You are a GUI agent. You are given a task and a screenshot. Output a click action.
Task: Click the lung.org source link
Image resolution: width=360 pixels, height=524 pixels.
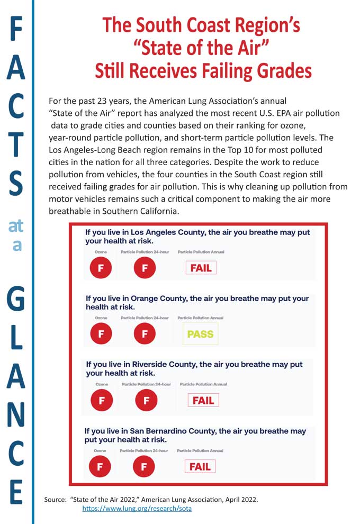click(137, 509)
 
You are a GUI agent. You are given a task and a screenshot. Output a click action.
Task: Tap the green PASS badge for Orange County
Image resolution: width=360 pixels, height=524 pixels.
click(200, 334)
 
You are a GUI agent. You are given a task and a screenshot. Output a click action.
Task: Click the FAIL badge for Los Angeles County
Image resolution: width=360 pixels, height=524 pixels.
click(201, 268)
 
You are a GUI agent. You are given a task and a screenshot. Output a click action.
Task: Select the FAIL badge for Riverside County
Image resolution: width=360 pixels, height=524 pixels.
click(203, 400)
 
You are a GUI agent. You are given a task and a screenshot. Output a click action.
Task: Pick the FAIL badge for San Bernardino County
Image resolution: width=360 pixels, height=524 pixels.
click(200, 466)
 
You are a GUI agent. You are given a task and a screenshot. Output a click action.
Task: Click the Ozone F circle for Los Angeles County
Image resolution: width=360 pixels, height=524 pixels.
click(101, 268)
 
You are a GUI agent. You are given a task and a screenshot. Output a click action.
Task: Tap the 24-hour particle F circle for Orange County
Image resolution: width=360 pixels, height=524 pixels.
click(145, 334)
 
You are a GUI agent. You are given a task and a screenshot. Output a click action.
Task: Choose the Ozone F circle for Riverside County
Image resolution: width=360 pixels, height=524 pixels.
click(101, 401)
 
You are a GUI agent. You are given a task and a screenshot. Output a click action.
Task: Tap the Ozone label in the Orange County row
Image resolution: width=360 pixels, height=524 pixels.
click(101, 318)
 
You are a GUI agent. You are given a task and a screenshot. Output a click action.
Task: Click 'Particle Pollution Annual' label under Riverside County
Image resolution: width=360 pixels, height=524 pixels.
click(203, 384)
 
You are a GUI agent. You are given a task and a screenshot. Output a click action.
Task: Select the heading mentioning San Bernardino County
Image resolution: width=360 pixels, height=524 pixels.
click(195, 435)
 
